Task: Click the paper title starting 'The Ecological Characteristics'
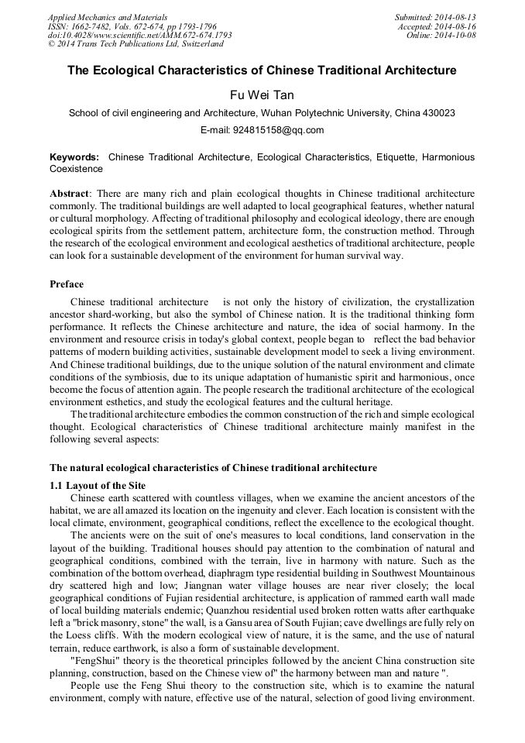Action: tap(262, 71)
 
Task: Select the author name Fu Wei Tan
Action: tap(262, 95)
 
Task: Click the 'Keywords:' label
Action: tap(74, 157)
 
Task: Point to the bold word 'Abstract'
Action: tap(70, 192)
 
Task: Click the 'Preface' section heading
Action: tap(67, 284)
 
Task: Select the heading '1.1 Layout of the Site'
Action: tap(98, 486)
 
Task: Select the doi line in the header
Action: tap(139, 35)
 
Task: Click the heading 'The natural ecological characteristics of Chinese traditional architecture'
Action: tap(213, 468)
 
